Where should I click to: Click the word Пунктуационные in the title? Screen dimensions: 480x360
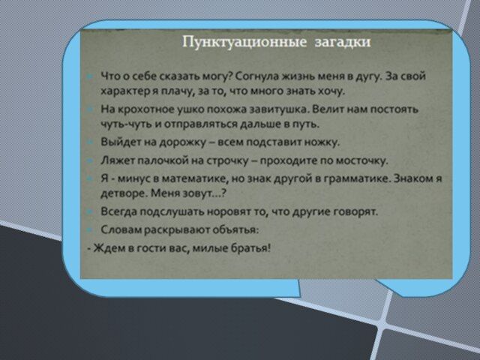coord(244,42)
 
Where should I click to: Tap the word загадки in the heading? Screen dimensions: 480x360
coord(343,42)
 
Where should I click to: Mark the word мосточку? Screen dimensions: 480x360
coord(361,160)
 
